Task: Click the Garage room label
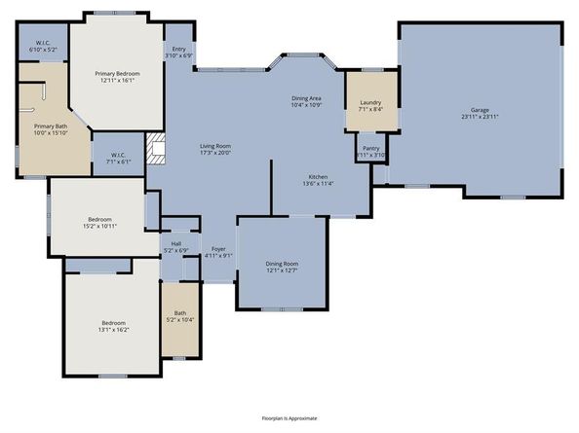(480, 110)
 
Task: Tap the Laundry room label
(369, 102)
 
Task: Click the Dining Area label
(307, 98)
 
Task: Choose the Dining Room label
(282, 264)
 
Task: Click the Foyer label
(220, 249)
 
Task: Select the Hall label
(176, 243)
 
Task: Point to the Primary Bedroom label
(117, 74)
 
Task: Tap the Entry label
(179, 49)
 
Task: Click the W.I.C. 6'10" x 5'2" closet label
(42, 42)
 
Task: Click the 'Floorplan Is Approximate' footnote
(289, 416)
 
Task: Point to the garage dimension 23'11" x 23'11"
(480, 116)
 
